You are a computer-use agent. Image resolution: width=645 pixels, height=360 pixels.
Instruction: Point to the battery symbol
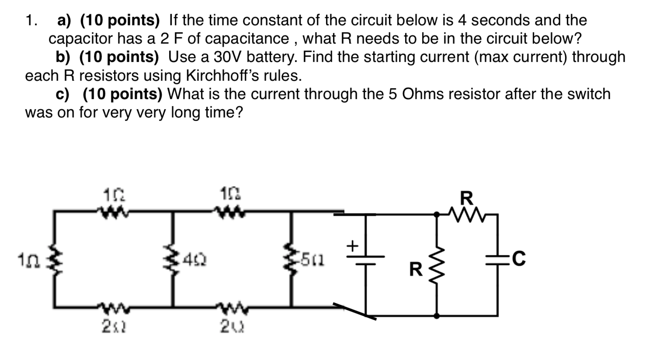tap(366, 260)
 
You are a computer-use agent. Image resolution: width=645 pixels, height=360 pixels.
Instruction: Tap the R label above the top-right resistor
tap(467, 198)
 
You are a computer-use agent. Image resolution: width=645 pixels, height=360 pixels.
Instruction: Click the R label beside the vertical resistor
tap(416, 270)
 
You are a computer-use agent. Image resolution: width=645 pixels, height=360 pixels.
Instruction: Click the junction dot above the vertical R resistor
tap(437, 214)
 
